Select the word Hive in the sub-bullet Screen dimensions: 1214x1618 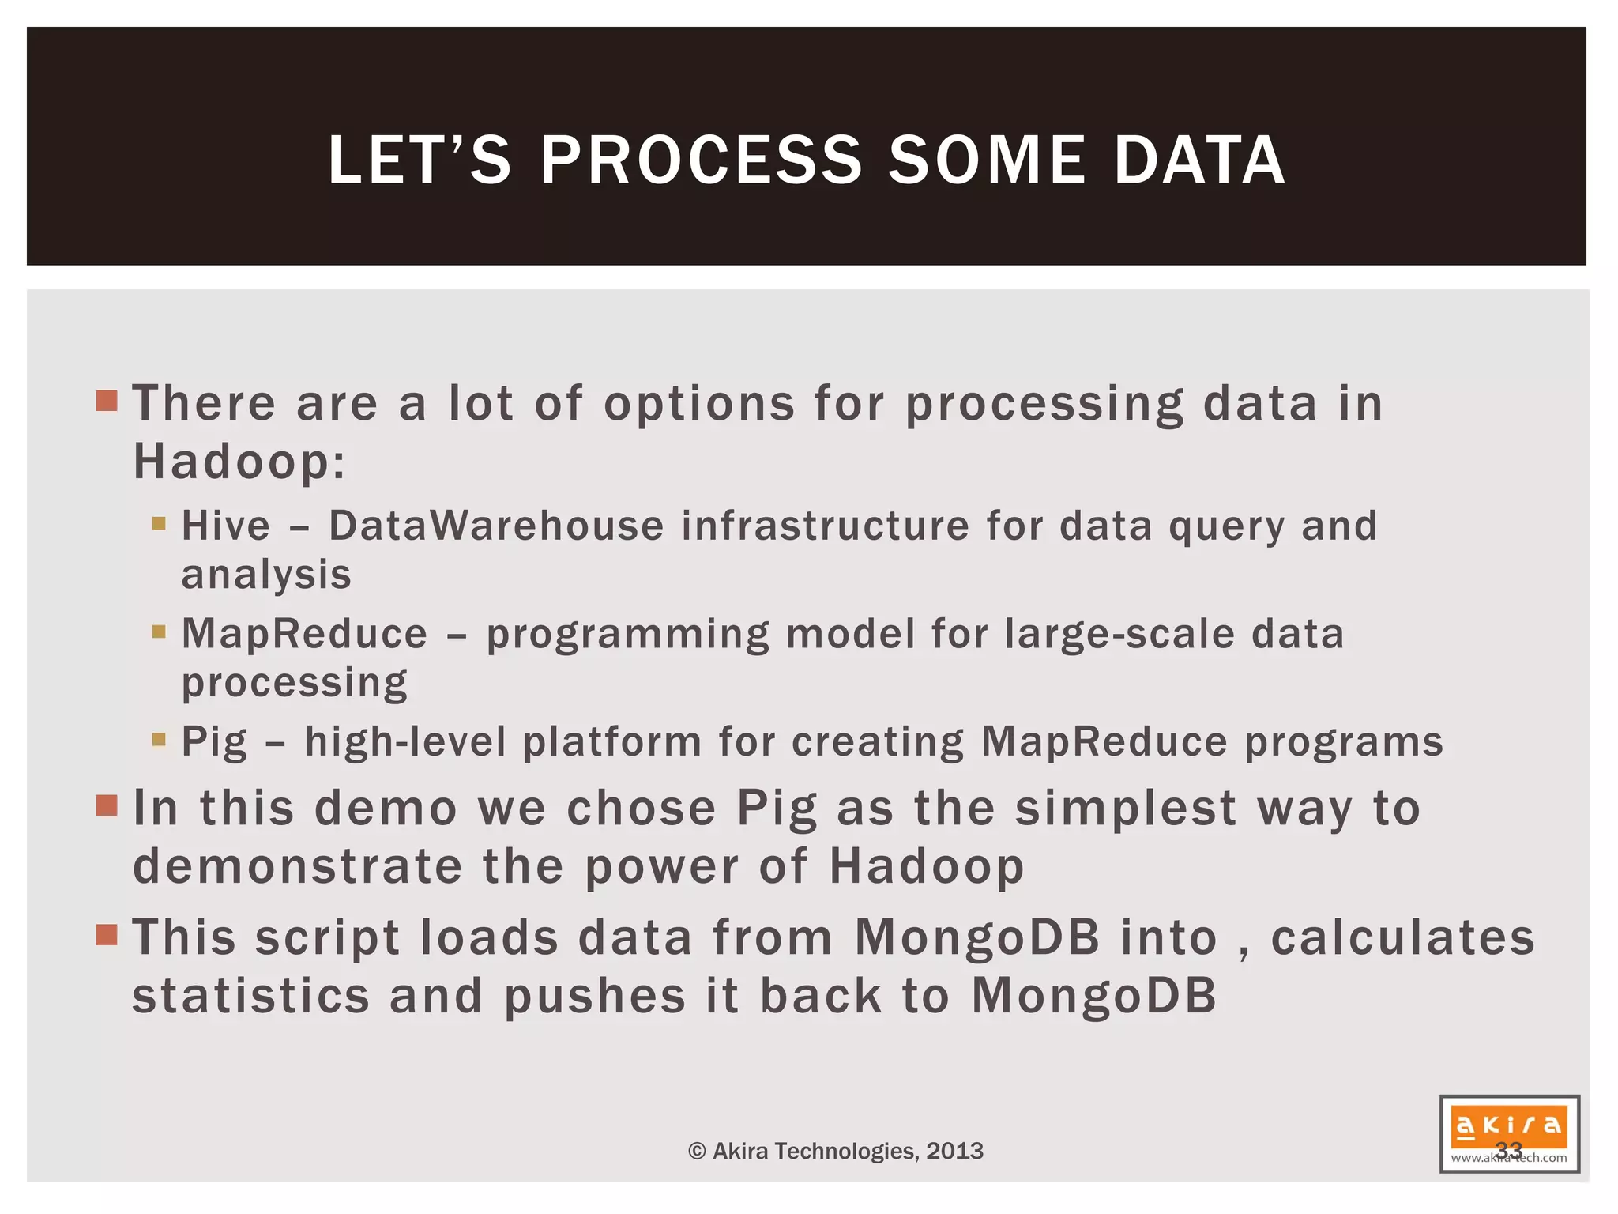pyautogui.click(x=226, y=526)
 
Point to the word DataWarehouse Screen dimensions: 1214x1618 pyautogui.click(x=496, y=526)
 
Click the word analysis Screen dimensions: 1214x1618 pyautogui.click(x=266, y=575)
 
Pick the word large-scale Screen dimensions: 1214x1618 pyautogui.click(x=1119, y=634)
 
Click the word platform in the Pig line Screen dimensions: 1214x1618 pyautogui.click(x=612, y=742)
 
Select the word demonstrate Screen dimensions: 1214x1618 pyautogui.click(x=297, y=866)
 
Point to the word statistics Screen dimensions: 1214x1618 pyautogui.click(x=250, y=996)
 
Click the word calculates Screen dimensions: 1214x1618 pyautogui.click(x=1402, y=938)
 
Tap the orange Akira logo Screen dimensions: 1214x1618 pyautogui.click(x=1508, y=1125)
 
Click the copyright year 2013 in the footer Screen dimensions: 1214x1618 pyautogui.click(x=954, y=1151)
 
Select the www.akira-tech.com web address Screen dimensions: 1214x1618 pyautogui.click(x=1508, y=1159)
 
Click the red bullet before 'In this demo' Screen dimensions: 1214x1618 pyautogui.click(x=107, y=806)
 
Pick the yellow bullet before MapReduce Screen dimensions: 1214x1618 pyautogui.click(x=159, y=632)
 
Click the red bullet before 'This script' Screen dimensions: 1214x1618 pyautogui.click(x=107, y=935)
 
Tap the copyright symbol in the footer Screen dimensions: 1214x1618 pyautogui.click(x=696, y=1152)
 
